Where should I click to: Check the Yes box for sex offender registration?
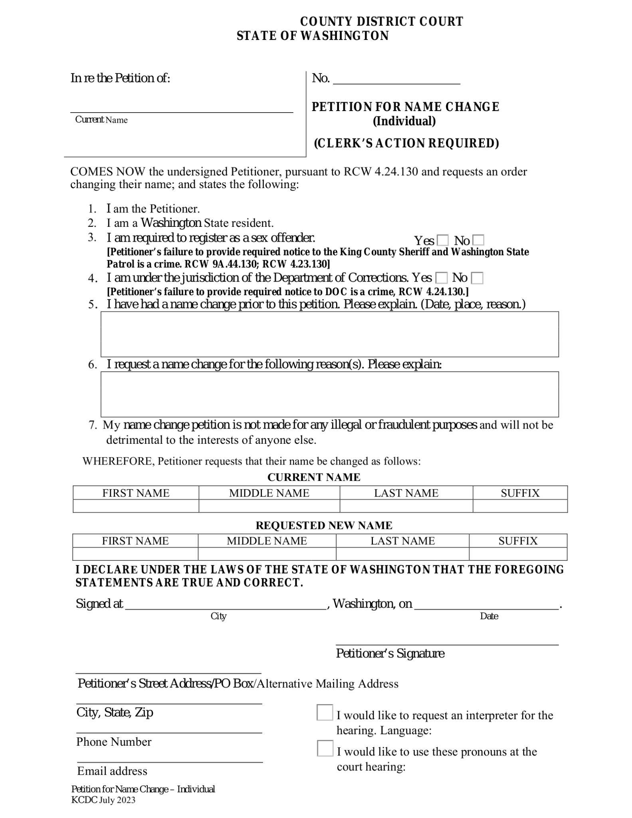443,240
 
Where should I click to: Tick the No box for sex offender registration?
478,240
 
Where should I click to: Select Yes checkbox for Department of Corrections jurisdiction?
442,278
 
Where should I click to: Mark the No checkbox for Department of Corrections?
477,278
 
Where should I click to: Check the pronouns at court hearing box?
325,749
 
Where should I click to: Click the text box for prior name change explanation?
329,334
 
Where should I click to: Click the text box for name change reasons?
329,394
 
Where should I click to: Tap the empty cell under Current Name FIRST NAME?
136,506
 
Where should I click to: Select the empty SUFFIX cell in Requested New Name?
518,554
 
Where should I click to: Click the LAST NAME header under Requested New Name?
402,541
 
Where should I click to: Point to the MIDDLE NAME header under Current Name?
269,493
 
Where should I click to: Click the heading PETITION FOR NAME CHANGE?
405,107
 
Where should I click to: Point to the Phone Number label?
114,742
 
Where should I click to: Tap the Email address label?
112,771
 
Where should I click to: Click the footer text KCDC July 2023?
103,800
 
